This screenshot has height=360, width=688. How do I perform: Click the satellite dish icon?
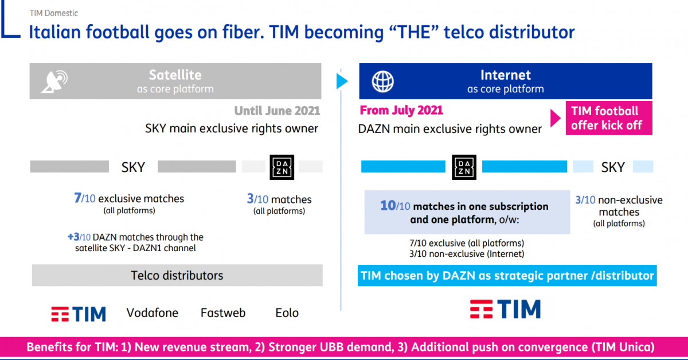click(x=54, y=81)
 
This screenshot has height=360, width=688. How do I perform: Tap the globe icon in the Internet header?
click(x=383, y=81)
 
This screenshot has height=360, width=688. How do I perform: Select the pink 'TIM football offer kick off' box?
click(x=609, y=118)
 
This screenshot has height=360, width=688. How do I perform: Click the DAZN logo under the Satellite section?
click(x=282, y=167)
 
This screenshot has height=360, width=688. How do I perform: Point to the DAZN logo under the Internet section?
click(x=464, y=167)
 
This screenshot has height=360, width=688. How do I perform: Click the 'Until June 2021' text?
click(x=277, y=111)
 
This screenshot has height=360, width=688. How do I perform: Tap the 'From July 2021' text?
click(x=401, y=110)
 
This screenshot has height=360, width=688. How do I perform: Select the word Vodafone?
click(x=153, y=313)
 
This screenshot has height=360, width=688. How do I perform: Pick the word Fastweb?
click(x=223, y=313)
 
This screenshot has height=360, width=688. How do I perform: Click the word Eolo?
click(x=287, y=313)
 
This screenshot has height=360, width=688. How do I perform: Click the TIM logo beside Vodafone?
click(x=79, y=314)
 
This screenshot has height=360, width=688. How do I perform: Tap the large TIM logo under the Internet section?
click(x=505, y=309)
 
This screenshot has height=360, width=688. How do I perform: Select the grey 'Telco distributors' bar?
click(x=177, y=275)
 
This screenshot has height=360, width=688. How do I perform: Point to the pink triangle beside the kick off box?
click(x=556, y=118)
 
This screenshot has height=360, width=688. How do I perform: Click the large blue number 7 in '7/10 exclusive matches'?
click(x=78, y=198)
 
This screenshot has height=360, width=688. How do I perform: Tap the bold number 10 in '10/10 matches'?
click(x=388, y=205)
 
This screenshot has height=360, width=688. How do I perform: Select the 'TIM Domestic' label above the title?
click(x=54, y=13)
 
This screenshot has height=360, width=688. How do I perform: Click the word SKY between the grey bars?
click(x=133, y=167)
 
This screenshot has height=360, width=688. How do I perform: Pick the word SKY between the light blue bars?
click(x=613, y=167)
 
